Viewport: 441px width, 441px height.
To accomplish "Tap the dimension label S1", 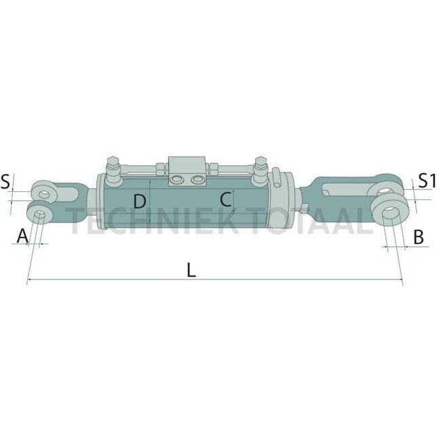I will point(426,180).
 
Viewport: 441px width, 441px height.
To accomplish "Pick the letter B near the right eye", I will point(419,236).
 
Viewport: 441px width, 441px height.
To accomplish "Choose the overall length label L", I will point(191,270).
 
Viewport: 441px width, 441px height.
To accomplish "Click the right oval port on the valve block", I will point(197,178).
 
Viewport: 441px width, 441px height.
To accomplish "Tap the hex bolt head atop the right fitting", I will point(258,163).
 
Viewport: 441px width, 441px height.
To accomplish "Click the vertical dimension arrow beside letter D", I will point(149,204).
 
